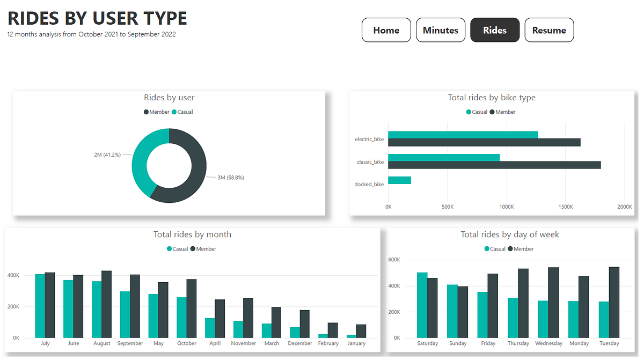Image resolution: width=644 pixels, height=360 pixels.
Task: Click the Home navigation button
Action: coord(386,30)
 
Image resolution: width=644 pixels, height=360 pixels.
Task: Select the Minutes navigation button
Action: coord(441,30)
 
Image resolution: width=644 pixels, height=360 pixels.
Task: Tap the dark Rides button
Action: coord(495,30)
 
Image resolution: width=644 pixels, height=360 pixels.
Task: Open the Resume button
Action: coord(549,30)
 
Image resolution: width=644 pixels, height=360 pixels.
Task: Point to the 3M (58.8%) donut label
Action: coord(231,178)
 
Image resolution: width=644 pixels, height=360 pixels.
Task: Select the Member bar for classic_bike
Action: coord(494,165)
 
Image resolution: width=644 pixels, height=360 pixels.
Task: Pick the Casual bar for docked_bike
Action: coord(399,180)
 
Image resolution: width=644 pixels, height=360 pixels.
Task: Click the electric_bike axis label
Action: coord(369,139)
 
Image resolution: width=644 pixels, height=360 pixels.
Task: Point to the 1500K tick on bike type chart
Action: coord(566,206)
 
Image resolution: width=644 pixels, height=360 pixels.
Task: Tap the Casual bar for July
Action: coord(40,306)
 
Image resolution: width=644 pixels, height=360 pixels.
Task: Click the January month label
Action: coord(356,343)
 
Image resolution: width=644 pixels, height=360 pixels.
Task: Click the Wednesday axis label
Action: coord(548,343)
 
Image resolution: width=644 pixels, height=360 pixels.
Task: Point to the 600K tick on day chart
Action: coord(394,260)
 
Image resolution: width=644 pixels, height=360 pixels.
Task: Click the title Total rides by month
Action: coord(192,234)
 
